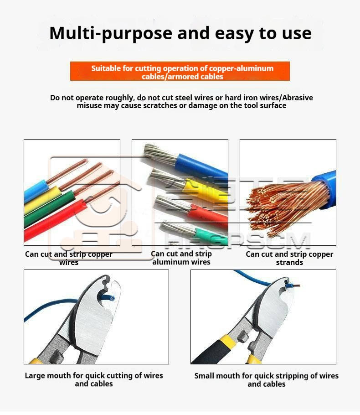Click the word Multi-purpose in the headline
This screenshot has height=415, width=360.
pyautogui.click(x=111, y=34)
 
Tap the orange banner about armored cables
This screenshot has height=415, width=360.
pyautogui.click(x=180, y=71)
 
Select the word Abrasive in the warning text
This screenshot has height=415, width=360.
pyautogui.click(x=298, y=98)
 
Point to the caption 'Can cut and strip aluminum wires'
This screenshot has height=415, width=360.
pyautogui.click(x=181, y=258)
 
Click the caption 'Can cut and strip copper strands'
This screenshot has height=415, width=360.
pyautogui.click(x=289, y=258)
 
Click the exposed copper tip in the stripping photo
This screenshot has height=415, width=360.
pyautogui.click(x=297, y=285)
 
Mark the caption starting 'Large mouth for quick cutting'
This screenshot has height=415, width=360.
pyautogui.click(x=94, y=379)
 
